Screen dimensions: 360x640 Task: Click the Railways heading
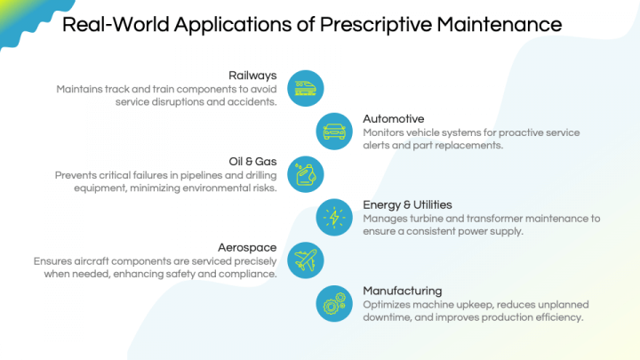coord(253,76)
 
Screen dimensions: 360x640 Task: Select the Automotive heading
coord(394,118)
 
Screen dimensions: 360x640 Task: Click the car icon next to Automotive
coord(334,131)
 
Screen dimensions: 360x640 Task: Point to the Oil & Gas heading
coord(253,161)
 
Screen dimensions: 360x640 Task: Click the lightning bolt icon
coord(334,217)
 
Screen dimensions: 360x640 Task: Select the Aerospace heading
coord(248,247)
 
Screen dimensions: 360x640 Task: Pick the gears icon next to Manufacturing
coord(334,303)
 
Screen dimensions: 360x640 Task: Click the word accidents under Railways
coord(252,102)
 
